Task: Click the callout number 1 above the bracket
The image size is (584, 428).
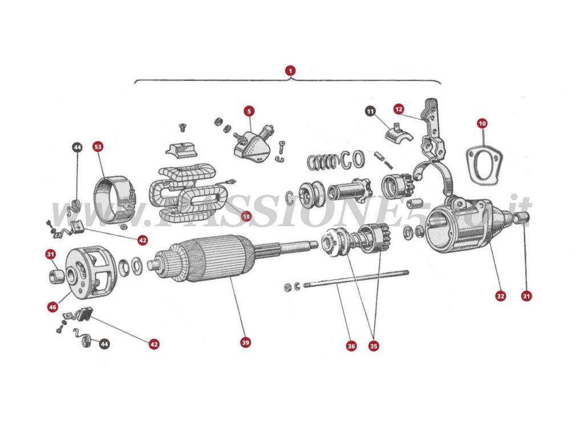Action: (x=291, y=71)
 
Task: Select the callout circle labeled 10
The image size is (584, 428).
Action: (x=482, y=123)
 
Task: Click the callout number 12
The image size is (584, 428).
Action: (x=399, y=108)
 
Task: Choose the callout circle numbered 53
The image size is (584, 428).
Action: (x=98, y=147)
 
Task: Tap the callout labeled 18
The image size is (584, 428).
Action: (x=246, y=216)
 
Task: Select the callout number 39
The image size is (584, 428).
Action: (x=245, y=342)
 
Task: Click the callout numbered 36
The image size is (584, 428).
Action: (x=351, y=346)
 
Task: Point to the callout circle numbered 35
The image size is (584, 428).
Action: (x=374, y=346)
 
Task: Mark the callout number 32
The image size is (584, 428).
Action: (x=500, y=296)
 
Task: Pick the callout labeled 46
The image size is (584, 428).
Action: (x=52, y=307)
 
